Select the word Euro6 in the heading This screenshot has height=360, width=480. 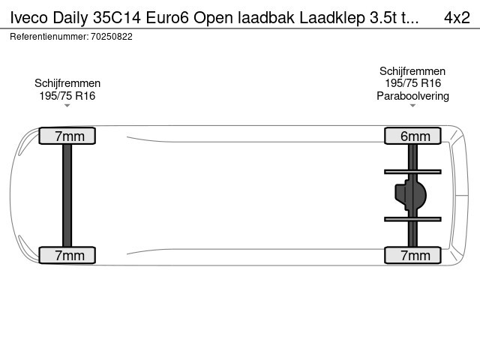(x=163, y=17)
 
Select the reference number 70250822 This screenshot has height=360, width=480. (x=111, y=36)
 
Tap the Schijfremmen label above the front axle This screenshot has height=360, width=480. (x=67, y=83)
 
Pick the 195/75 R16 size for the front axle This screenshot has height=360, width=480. (x=67, y=95)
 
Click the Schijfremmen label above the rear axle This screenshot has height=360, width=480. (x=412, y=71)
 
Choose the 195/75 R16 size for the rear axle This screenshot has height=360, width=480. (x=412, y=83)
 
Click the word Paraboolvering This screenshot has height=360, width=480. (x=412, y=95)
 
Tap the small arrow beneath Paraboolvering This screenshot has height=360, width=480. (x=412, y=106)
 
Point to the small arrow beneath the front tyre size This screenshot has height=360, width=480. (x=67, y=106)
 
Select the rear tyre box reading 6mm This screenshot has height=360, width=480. (x=412, y=136)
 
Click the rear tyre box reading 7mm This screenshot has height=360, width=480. (x=412, y=256)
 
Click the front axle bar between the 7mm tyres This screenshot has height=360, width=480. (x=67, y=195)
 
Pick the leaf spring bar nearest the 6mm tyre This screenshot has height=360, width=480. (x=412, y=172)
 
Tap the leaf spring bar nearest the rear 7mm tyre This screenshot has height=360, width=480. (x=412, y=219)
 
